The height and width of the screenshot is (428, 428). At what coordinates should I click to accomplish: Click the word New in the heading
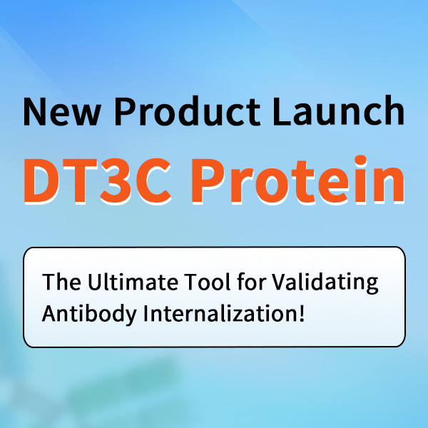(62, 111)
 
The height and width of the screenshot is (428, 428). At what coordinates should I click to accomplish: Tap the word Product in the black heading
(188, 111)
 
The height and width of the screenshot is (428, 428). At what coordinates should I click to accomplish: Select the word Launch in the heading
(339, 111)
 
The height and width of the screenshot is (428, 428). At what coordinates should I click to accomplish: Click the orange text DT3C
(98, 180)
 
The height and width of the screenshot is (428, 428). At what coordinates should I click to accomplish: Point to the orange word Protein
(297, 180)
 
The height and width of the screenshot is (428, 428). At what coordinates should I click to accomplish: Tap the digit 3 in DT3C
(116, 180)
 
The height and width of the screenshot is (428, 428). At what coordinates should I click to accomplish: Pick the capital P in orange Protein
(208, 180)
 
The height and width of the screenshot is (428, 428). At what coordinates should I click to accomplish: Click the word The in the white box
(61, 282)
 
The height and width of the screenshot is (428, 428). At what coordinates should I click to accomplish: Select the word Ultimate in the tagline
(133, 281)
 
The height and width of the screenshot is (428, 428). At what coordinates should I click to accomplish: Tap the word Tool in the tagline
(208, 281)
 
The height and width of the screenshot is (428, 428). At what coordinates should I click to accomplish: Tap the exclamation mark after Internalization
(302, 313)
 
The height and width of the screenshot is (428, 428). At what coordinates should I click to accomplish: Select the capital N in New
(35, 112)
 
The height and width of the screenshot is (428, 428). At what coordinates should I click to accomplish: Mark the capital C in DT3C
(153, 180)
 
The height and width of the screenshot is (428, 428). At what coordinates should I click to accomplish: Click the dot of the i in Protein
(360, 160)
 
